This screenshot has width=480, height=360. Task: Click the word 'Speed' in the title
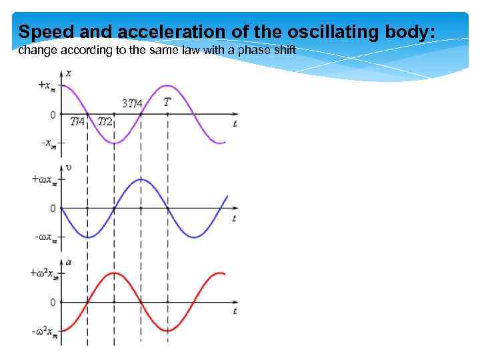click(41, 31)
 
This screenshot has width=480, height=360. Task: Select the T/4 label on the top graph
click(77, 122)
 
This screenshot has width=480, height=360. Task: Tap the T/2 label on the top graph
click(105, 122)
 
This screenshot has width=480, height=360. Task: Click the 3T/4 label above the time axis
click(132, 103)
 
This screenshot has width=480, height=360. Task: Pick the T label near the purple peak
click(167, 102)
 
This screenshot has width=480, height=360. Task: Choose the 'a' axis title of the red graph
click(68, 263)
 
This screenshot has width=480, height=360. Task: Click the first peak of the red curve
click(114, 273)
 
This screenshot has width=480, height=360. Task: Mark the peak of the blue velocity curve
click(141, 179)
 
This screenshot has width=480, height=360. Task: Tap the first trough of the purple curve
click(114, 143)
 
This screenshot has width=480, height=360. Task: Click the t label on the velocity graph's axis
click(234, 218)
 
